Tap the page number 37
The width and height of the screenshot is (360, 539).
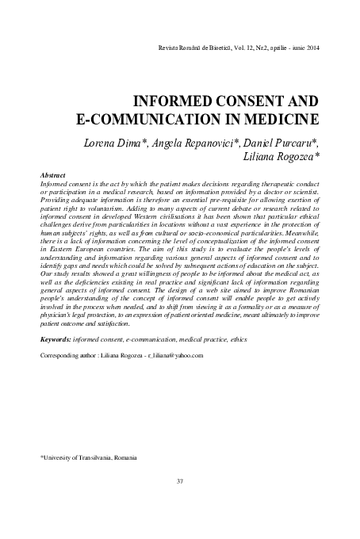coord(180,482)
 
